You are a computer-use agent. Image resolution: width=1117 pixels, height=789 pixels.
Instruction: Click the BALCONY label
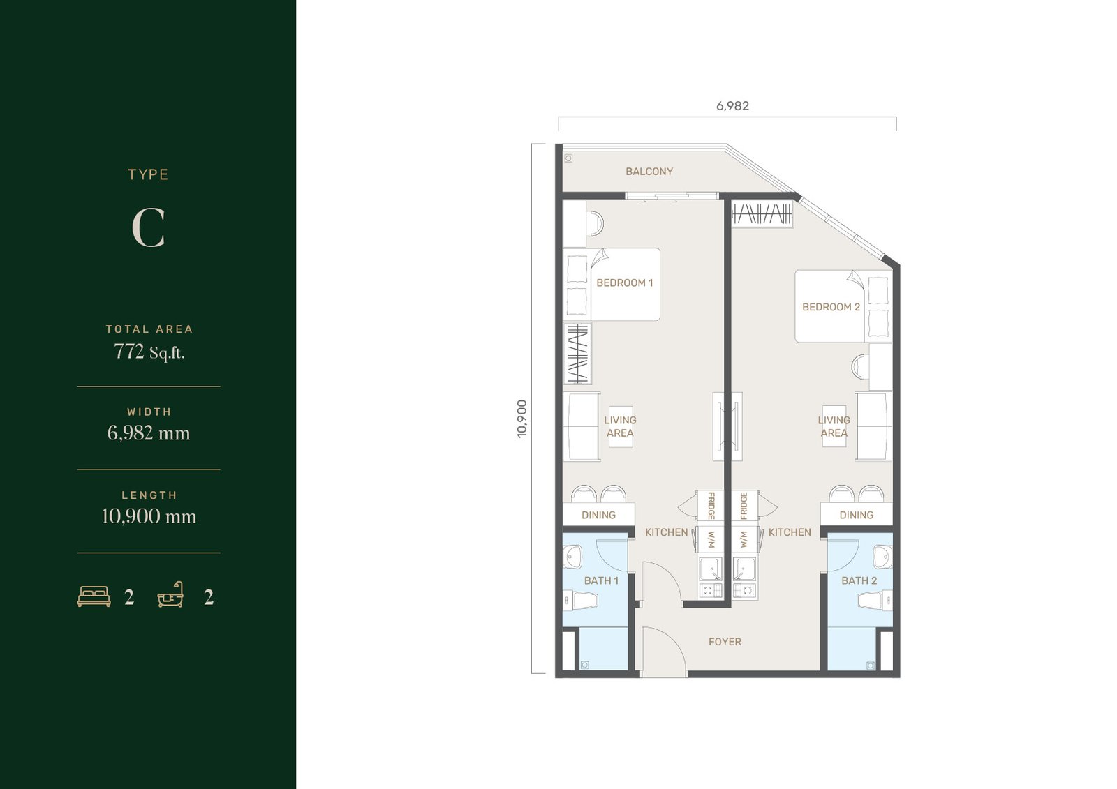[649, 172]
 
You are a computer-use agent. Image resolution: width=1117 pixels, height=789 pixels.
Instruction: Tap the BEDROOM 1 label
[624, 283]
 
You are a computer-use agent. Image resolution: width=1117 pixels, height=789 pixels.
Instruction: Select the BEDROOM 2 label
[831, 307]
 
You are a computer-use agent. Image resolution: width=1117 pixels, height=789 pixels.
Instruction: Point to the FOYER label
[725, 642]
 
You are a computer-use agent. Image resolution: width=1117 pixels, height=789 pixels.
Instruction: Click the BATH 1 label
[601, 580]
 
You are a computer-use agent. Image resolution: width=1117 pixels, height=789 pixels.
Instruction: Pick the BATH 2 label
[859, 580]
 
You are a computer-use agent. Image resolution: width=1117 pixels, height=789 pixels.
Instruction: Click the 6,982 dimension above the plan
[732, 105]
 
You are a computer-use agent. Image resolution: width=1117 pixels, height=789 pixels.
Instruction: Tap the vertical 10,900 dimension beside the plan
[521, 419]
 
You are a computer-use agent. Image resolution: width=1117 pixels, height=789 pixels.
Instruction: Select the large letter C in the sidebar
[148, 228]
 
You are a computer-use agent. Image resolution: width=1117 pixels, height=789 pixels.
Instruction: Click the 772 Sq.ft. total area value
[149, 352]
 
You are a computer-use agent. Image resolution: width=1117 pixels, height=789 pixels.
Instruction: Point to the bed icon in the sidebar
[94, 596]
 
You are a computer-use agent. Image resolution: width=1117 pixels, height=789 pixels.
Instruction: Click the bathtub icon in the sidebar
[170, 594]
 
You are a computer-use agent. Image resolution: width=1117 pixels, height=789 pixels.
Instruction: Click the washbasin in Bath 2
[882, 557]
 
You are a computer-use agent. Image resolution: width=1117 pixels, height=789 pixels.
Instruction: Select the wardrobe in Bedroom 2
[762, 214]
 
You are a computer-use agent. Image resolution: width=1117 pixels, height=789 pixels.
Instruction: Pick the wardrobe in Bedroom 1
[577, 353]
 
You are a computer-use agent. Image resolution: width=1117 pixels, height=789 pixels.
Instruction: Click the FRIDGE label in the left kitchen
[711, 505]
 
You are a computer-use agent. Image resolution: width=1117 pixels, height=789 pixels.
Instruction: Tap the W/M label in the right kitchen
[744, 539]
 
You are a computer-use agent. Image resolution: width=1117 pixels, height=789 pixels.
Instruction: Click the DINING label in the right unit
[856, 515]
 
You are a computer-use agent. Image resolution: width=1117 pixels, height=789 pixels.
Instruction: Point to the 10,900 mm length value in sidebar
[149, 516]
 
